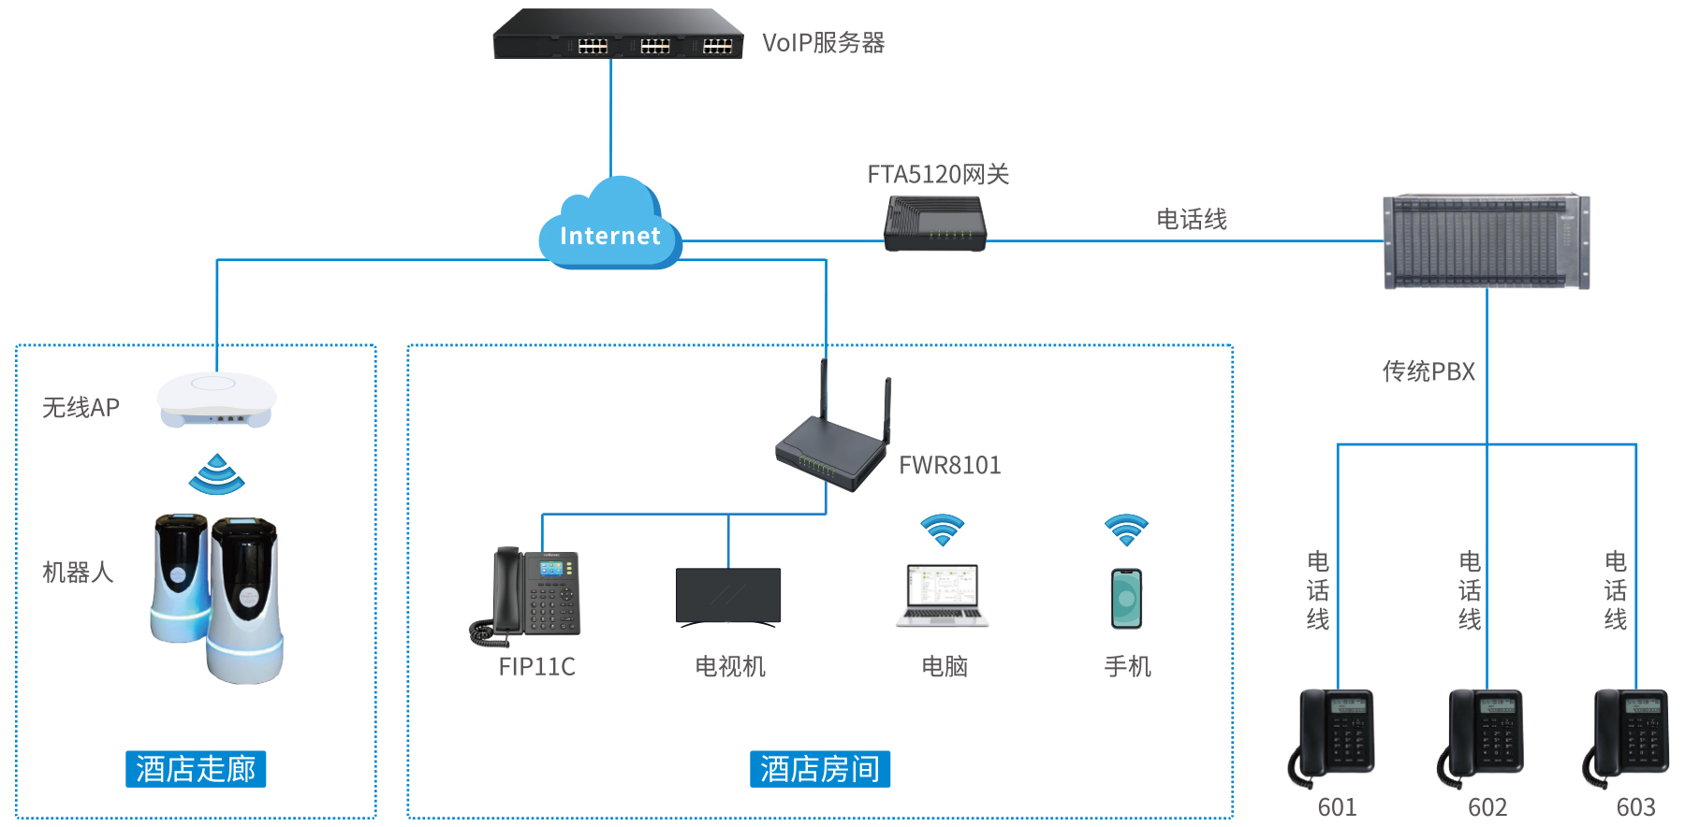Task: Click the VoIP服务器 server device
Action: click(618, 36)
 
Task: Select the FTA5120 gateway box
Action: click(935, 224)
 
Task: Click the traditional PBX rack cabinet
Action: click(1487, 241)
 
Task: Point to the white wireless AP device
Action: click(216, 399)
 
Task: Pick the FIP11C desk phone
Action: click(526, 597)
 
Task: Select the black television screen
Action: click(728, 597)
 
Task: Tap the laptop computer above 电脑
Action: click(942, 595)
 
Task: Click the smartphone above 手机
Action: click(1126, 599)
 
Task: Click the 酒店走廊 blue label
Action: click(196, 769)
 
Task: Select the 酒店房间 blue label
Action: click(820, 769)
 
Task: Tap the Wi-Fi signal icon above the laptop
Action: click(942, 530)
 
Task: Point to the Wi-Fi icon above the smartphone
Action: click(1126, 530)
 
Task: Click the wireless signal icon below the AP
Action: click(216, 474)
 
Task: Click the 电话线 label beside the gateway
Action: click(1192, 219)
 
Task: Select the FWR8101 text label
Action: click(950, 465)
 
